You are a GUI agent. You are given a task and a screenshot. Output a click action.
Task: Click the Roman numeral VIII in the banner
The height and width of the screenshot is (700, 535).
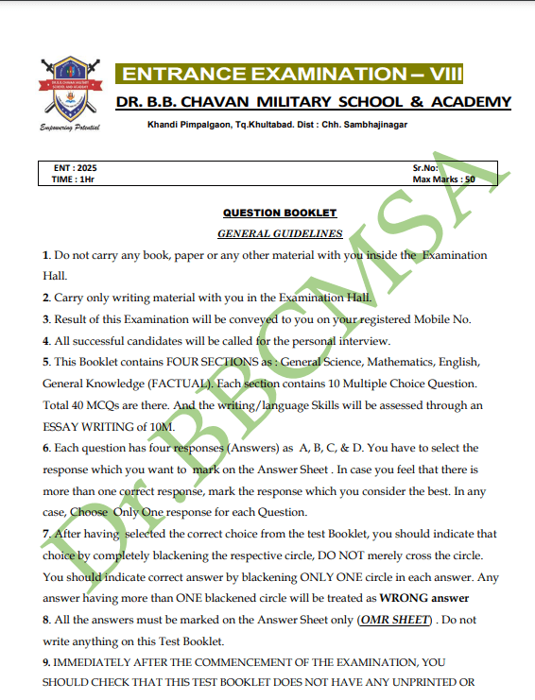[444, 75]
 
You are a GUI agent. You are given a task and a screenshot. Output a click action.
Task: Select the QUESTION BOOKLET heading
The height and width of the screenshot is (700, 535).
[280, 213]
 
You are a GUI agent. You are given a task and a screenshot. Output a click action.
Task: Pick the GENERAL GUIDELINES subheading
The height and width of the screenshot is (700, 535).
[280, 232]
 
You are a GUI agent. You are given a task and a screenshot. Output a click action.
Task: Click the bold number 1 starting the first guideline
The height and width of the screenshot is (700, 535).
[45, 255]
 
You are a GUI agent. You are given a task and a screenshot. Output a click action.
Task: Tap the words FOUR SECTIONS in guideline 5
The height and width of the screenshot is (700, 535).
[206, 362]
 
